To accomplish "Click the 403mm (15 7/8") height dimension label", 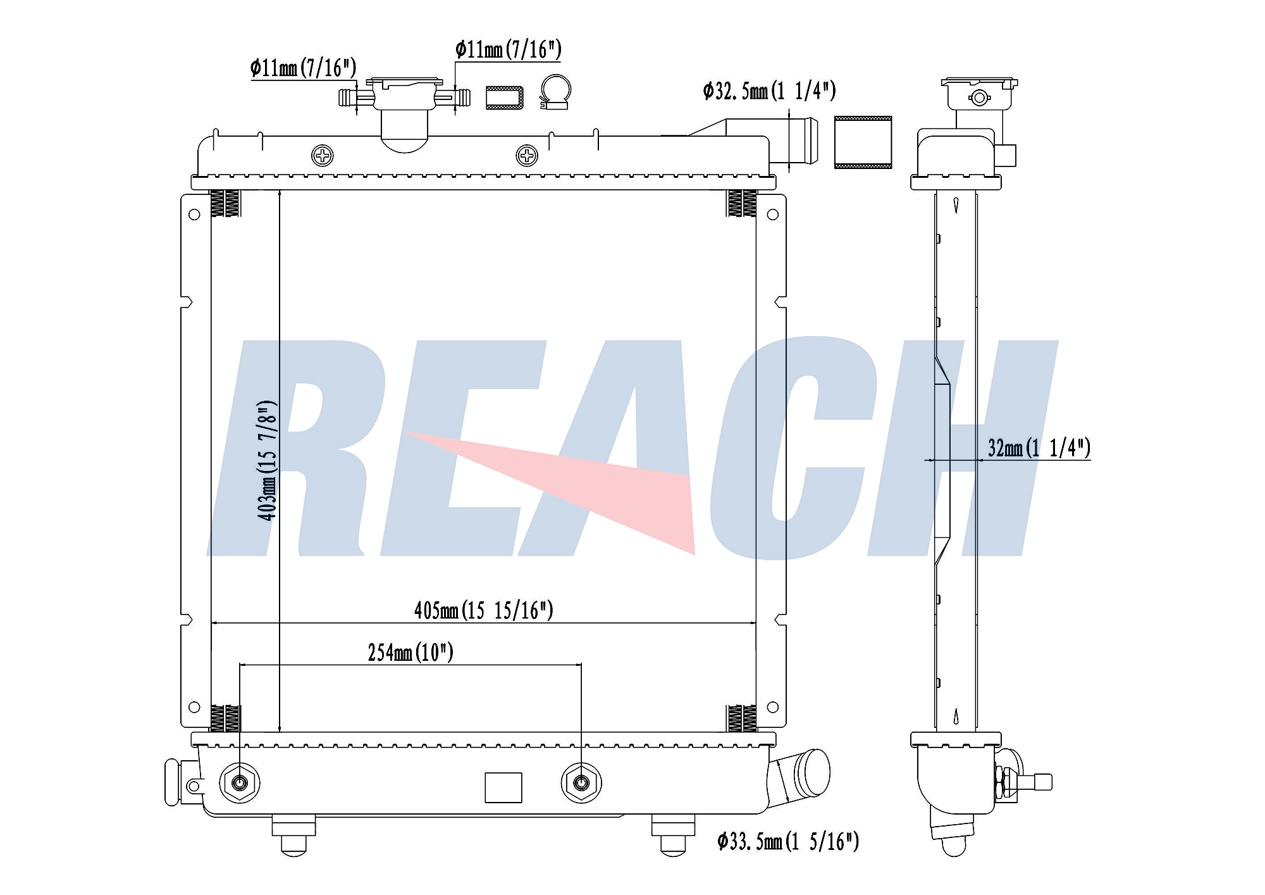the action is pos(267,461).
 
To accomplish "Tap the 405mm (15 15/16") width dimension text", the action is pos(484,610).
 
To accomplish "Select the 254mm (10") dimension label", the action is pos(410,652).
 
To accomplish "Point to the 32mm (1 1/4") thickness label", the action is pos(1039,448).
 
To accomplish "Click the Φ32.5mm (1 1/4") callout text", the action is pos(769,91).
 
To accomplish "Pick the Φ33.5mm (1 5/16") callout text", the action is pos(788,841).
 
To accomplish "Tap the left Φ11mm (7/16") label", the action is pos(303,67).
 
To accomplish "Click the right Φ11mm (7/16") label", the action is pos(508,49).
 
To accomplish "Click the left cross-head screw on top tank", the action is pos(323,155).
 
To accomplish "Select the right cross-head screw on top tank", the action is pos(527,155).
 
